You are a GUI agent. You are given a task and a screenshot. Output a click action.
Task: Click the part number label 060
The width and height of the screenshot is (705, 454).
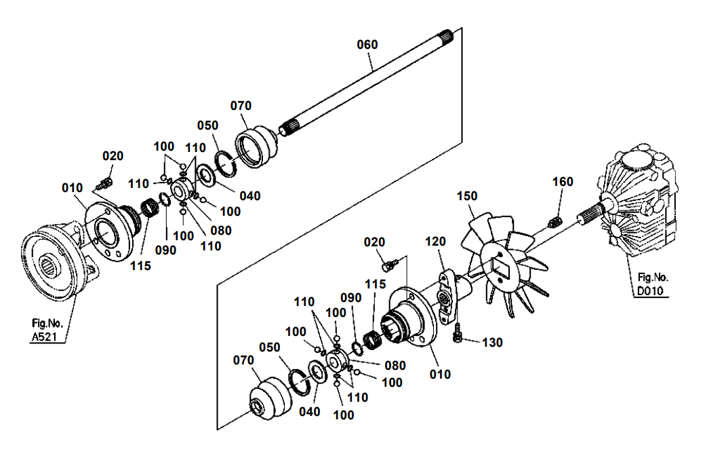pyautogui.click(x=367, y=45)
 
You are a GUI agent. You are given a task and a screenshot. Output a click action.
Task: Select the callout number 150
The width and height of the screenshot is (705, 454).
pyautogui.click(x=466, y=196)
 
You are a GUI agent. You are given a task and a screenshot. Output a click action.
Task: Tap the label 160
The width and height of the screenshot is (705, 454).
pyautogui.click(x=563, y=181)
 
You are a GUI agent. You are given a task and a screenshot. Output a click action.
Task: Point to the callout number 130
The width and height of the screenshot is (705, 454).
pyautogui.click(x=493, y=343)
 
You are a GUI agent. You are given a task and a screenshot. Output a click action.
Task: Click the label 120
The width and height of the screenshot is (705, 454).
pyautogui.click(x=436, y=242)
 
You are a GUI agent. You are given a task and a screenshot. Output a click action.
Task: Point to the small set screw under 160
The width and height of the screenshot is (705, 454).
pyautogui.click(x=554, y=221)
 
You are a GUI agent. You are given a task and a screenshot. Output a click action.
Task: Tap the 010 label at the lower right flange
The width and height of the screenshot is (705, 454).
pyautogui.click(x=439, y=374)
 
